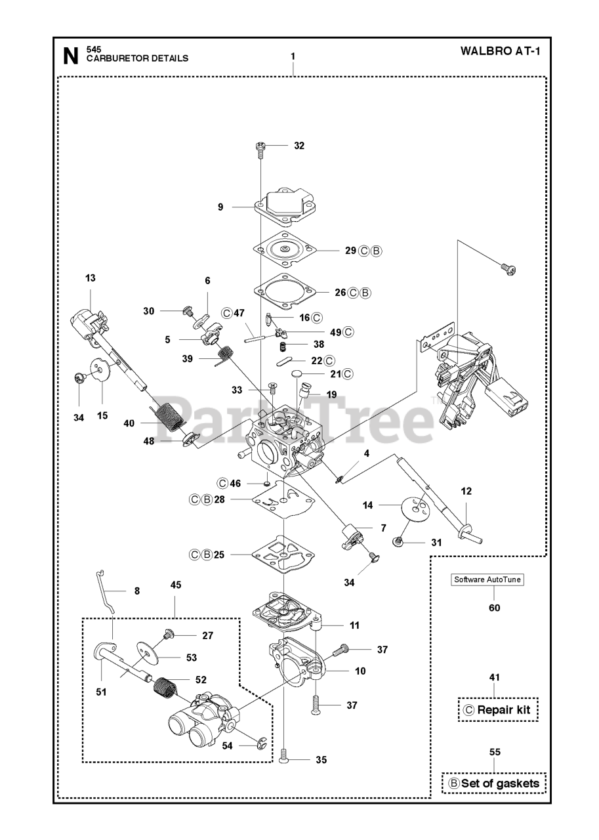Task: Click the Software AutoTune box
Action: (x=486, y=579)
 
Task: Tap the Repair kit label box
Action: (x=497, y=709)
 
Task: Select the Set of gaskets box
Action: (x=493, y=783)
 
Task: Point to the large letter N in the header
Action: (x=70, y=56)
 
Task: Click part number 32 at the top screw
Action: (x=299, y=146)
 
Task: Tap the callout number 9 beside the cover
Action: (x=220, y=207)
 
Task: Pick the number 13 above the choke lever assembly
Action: (x=90, y=278)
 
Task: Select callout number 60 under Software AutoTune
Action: (x=494, y=608)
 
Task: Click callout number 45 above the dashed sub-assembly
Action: (x=176, y=585)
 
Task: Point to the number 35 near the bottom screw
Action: (x=321, y=760)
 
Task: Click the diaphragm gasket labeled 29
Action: (x=285, y=249)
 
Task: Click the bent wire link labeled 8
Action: (x=106, y=589)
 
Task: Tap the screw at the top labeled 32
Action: (x=260, y=148)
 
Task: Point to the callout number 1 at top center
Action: (x=293, y=56)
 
